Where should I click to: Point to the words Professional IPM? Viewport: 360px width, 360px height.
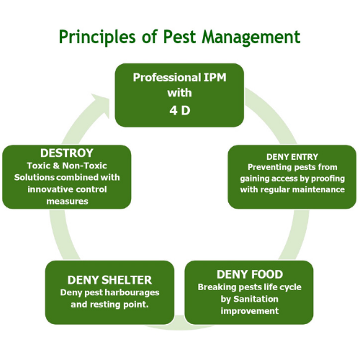[177, 76]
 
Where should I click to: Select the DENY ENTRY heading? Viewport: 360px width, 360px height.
[292, 156]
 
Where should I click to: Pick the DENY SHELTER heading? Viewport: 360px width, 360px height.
[109, 279]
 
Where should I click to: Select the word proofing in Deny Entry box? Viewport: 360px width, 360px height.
[324, 179]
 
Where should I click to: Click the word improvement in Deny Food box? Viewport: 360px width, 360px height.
[249, 311]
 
